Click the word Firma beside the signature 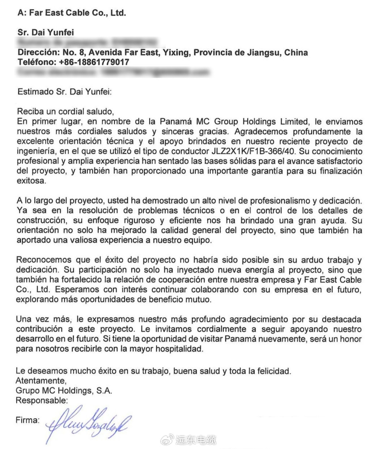coord(27,420)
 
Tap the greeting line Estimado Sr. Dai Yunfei coord(65,91)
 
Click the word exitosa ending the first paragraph coord(32,181)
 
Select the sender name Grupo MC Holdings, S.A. coord(64,391)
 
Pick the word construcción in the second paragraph coord(40,221)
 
